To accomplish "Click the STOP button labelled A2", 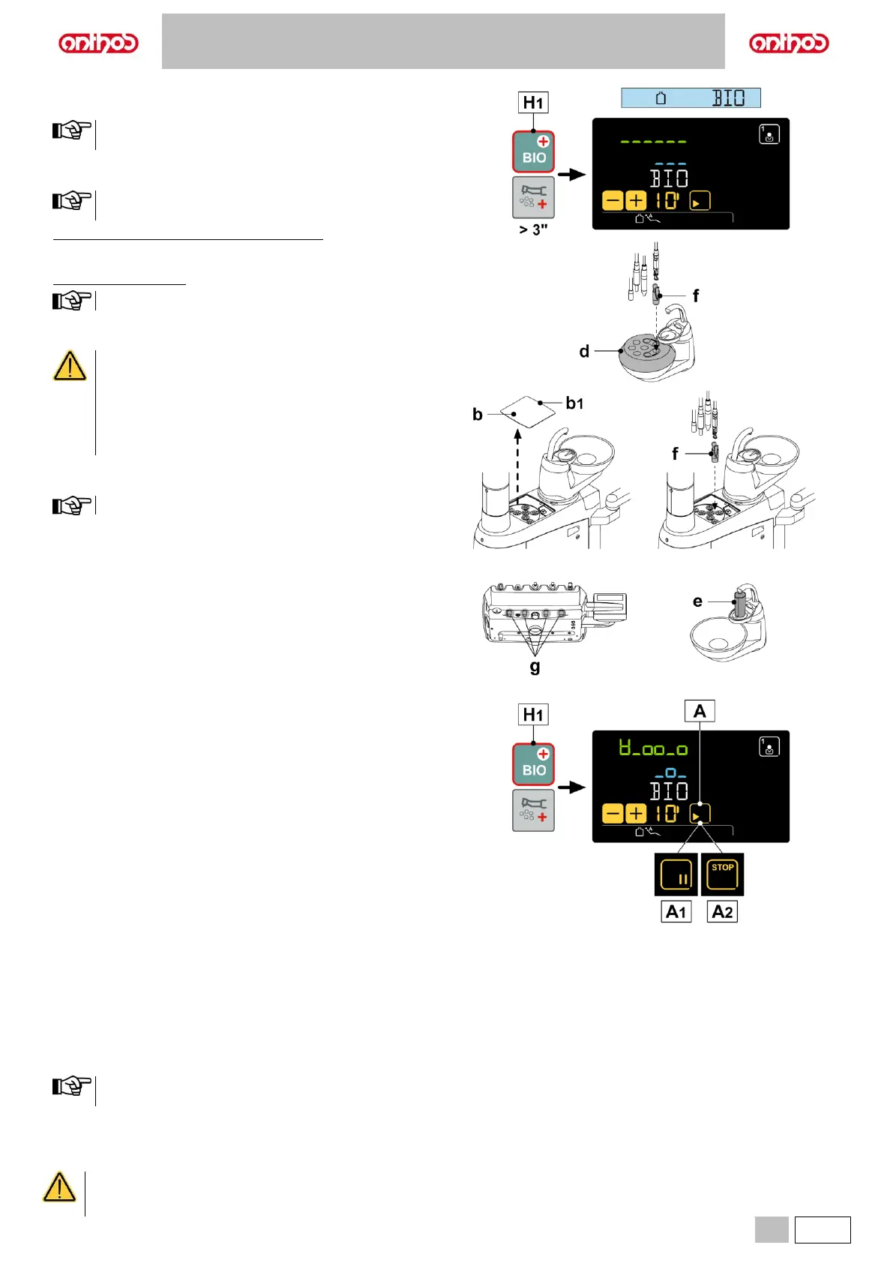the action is [722, 874].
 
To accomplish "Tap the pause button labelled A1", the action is [676, 874].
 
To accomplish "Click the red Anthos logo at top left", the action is [98, 43].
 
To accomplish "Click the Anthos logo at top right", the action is [789, 43].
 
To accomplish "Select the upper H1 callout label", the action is [533, 102].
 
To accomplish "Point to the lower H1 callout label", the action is [533, 715].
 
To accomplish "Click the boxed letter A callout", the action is [700, 711].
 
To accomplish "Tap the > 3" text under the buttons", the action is [533, 229].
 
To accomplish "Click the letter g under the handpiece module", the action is [535, 665].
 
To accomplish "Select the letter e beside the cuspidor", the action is [697, 601].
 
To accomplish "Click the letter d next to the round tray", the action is [584, 351].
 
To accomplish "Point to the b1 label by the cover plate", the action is [574, 403].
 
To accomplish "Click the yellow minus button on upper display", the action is [613, 201].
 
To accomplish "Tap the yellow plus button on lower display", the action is [636, 814].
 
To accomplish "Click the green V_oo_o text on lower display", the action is [653, 748].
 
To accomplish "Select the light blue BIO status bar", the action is [691, 98].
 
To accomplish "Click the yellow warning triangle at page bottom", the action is [59, 1188].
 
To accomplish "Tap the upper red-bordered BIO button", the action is [533, 151].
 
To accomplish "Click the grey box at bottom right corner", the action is [772, 1230].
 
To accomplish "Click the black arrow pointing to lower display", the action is [572, 787].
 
